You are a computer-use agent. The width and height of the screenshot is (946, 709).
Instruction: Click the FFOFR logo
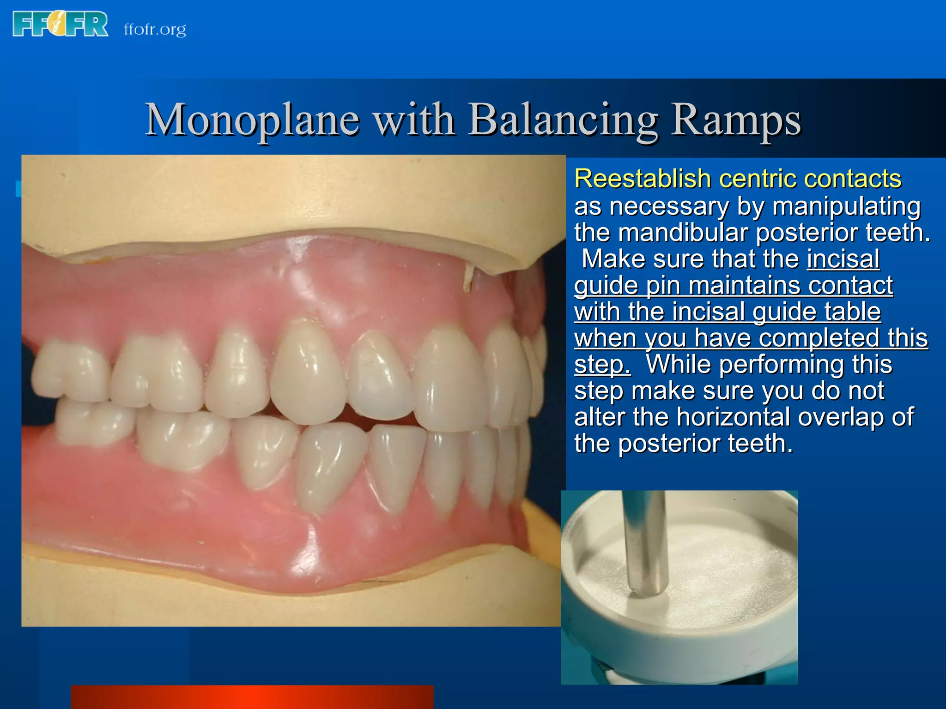60,24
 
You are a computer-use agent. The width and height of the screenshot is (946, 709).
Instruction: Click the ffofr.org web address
155,30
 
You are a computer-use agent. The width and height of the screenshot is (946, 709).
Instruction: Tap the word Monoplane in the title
252,120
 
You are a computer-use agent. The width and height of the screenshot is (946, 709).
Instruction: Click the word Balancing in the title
563,120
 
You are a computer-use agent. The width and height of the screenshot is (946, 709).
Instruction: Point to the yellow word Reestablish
642,179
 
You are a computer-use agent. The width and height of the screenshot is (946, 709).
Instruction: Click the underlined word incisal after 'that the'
843,259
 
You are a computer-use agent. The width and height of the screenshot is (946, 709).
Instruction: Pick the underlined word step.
601,365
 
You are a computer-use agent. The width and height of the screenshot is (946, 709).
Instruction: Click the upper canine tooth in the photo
309,374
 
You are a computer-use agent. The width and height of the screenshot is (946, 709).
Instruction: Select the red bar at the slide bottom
252,697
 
